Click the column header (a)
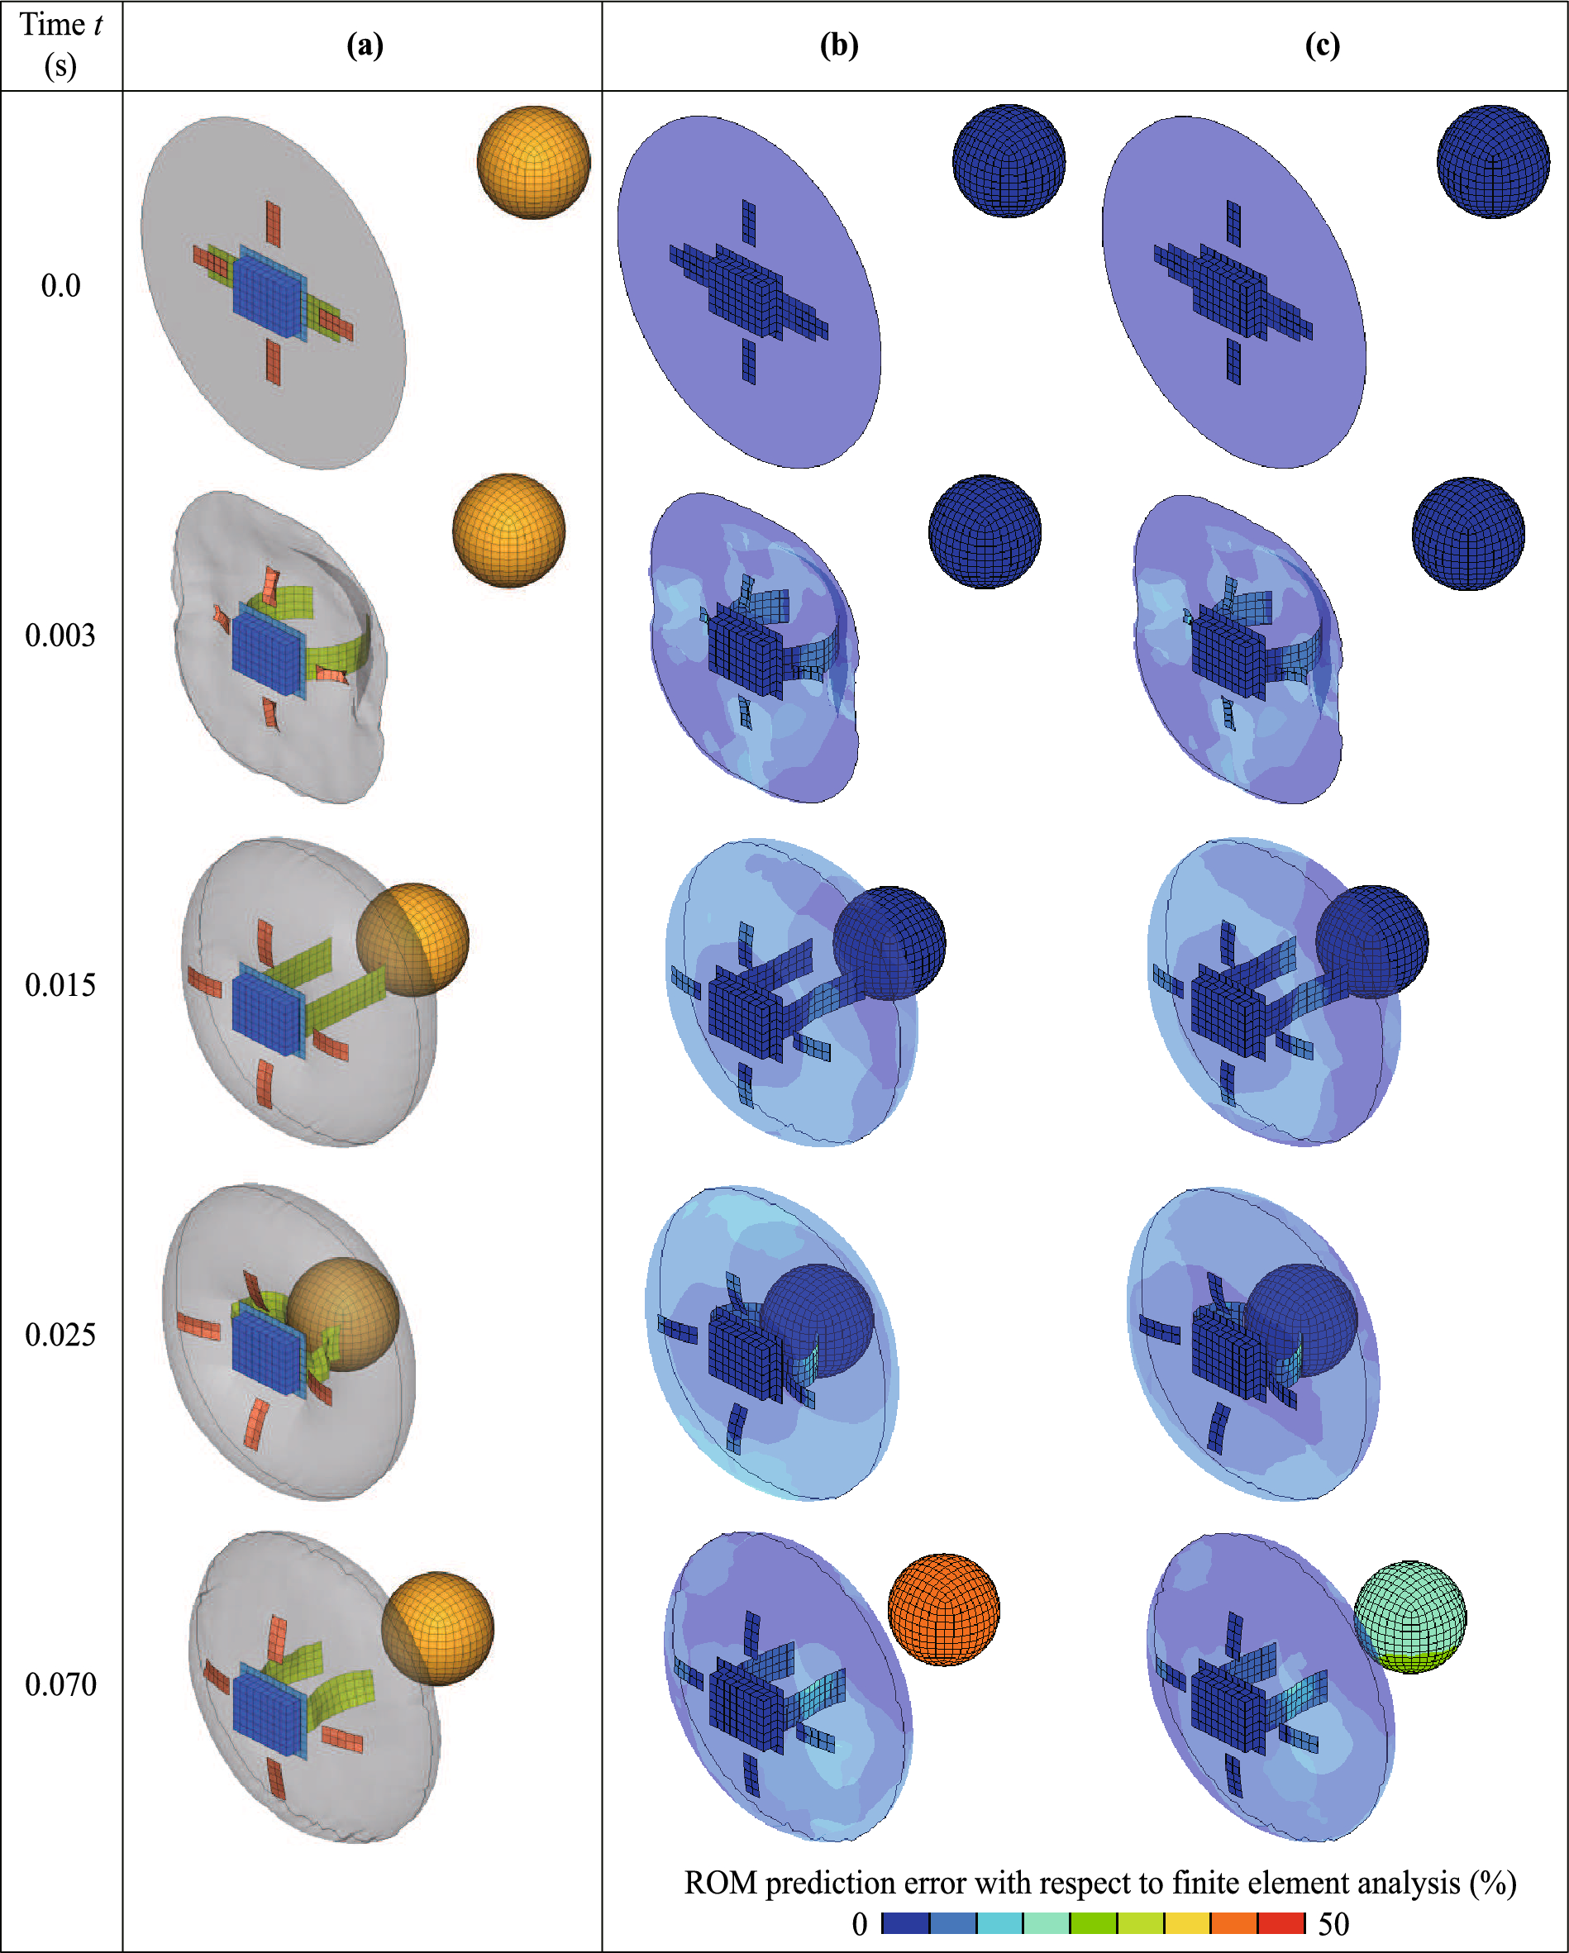(x=365, y=45)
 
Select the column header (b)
(x=838, y=45)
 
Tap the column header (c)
(x=1322, y=45)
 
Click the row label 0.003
(x=60, y=636)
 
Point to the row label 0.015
(x=60, y=985)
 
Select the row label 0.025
(x=60, y=1336)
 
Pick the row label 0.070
(x=60, y=1685)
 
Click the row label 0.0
(x=60, y=286)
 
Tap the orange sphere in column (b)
(x=943, y=1610)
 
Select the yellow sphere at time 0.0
(x=533, y=162)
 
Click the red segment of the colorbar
(x=1281, y=1923)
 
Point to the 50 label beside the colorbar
(x=1333, y=1924)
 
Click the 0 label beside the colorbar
(x=859, y=1924)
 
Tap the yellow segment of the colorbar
(x=1187, y=1923)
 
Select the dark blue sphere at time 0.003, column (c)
(x=1467, y=534)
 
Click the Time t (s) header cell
(x=60, y=45)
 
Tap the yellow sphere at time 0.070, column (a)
(x=437, y=1628)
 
